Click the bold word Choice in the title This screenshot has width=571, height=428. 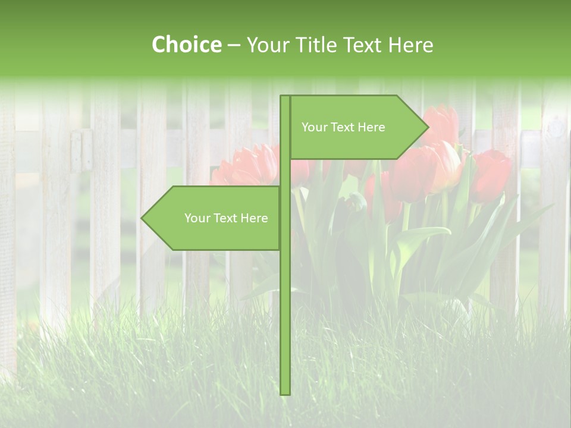pyautogui.click(x=186, y=45)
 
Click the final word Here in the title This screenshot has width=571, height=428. pyautogui.click(x=410, y=45)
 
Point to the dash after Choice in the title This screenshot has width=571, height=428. pyautogui.click(x=233, y=45)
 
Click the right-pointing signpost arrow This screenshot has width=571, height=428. pyautogui.click(x=357, y=127)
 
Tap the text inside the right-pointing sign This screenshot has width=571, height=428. pyautogui.click(x=343, y=127)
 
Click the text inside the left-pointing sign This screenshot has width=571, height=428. pyautogui.click(x=226, y=218)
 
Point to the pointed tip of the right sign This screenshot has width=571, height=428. pyautogui.click(x=428, y=127)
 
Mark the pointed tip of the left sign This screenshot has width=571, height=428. pyautogui.click(x=142, y=218)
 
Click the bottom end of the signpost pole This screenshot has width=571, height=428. pyautogui.click(x=285, y=392)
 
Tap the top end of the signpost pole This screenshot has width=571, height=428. pyautogui.click(x=285, y=97)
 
